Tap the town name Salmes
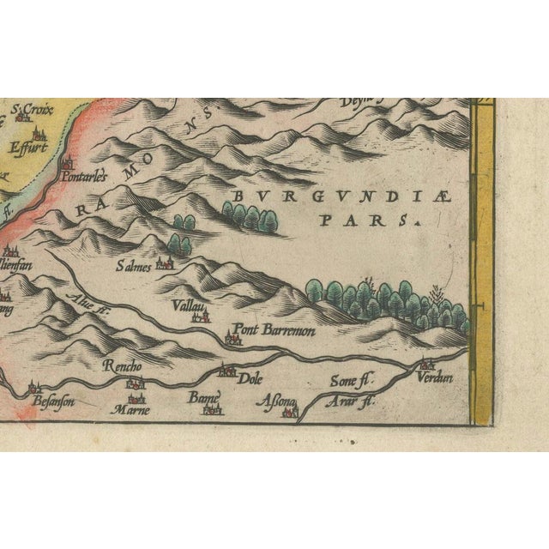[x=133, y=266]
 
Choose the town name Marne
[x=131, y=410]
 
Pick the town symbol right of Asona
[x=289, y=413]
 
